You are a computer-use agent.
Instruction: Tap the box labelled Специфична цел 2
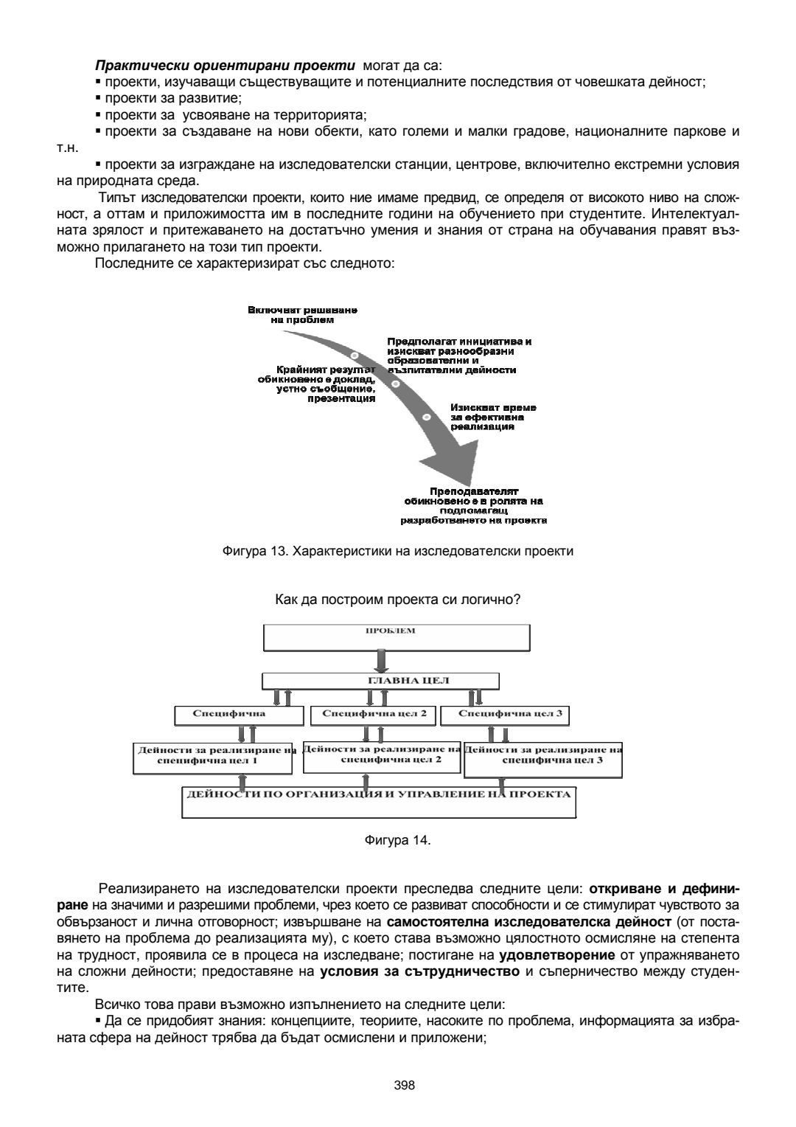(x=374, y=714)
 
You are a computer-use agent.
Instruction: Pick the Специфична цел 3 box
(x=505, y=714)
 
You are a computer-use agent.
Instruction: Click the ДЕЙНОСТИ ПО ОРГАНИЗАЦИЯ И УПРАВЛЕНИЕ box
(x=379, y=802)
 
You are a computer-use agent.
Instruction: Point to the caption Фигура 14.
(x=398, y=840)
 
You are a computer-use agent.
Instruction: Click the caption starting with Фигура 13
(x=397, y=550)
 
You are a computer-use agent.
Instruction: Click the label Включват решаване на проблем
(x=303, y=315)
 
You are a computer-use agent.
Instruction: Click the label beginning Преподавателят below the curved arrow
(x=473, y=505)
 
